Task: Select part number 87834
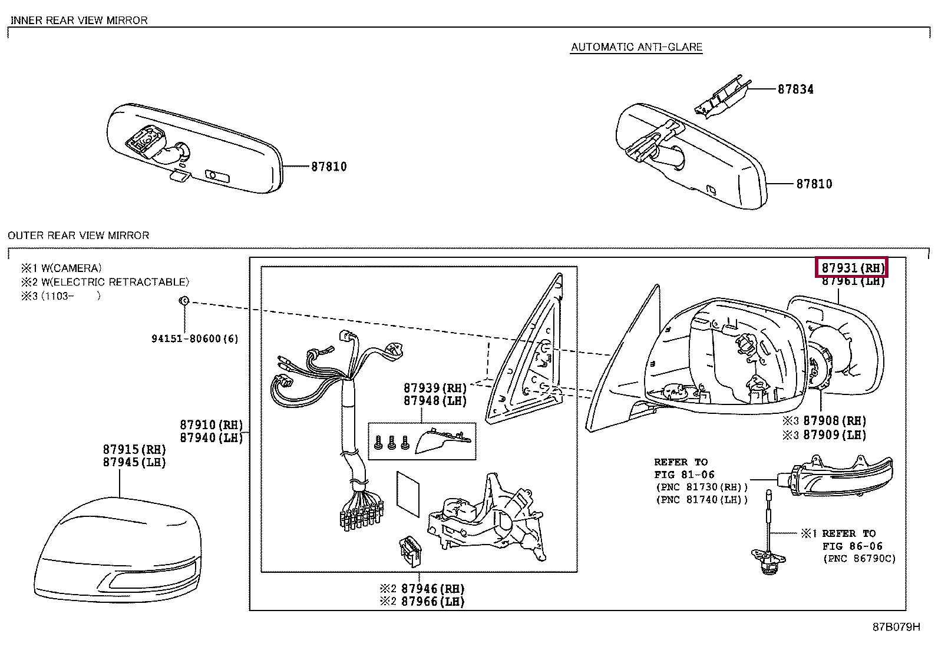[795, 89]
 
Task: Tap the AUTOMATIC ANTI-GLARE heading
[636, 48]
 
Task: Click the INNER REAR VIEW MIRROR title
[79, 20]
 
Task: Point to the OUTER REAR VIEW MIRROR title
[78, 235]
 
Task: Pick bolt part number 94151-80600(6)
[194, 339]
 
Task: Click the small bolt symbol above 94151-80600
[184, 301]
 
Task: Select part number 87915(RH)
[134, 450]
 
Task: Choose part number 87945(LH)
[134, 463]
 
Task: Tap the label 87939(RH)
[435, 388]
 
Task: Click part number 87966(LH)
[432, 602]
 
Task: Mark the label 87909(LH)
[835, 435]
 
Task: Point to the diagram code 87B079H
[896, 627]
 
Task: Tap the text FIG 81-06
[684, 475]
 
